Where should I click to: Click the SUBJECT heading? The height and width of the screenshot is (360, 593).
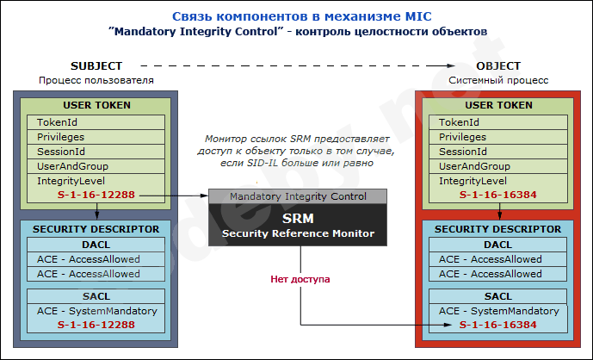[x=96, y=65]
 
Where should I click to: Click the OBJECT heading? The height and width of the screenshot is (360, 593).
[x=497, y=65]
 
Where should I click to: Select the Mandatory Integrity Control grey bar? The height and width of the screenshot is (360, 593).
[x=298, y=196]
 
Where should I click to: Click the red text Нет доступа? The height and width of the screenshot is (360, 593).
[x=300, y=279]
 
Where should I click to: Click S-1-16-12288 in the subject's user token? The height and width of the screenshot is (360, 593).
[x=96, y=196]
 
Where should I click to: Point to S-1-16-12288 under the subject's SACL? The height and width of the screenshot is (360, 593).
[x=96, y=326]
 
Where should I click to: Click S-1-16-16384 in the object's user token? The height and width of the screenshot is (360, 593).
[x=497, y=196]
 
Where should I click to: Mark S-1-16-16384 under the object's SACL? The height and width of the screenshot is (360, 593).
[x=497, y=326]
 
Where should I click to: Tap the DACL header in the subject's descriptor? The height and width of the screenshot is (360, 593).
[x=96, y=245]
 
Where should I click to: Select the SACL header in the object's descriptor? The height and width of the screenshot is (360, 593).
[x=497, y=295]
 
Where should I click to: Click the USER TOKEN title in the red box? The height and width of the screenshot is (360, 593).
[x=497, y=105]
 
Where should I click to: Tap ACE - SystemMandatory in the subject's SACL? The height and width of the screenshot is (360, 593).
[x=96, y=311]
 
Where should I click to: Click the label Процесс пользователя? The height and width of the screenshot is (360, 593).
[x=96, y=80]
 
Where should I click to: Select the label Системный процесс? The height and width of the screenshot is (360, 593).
[x=497, y=80]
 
